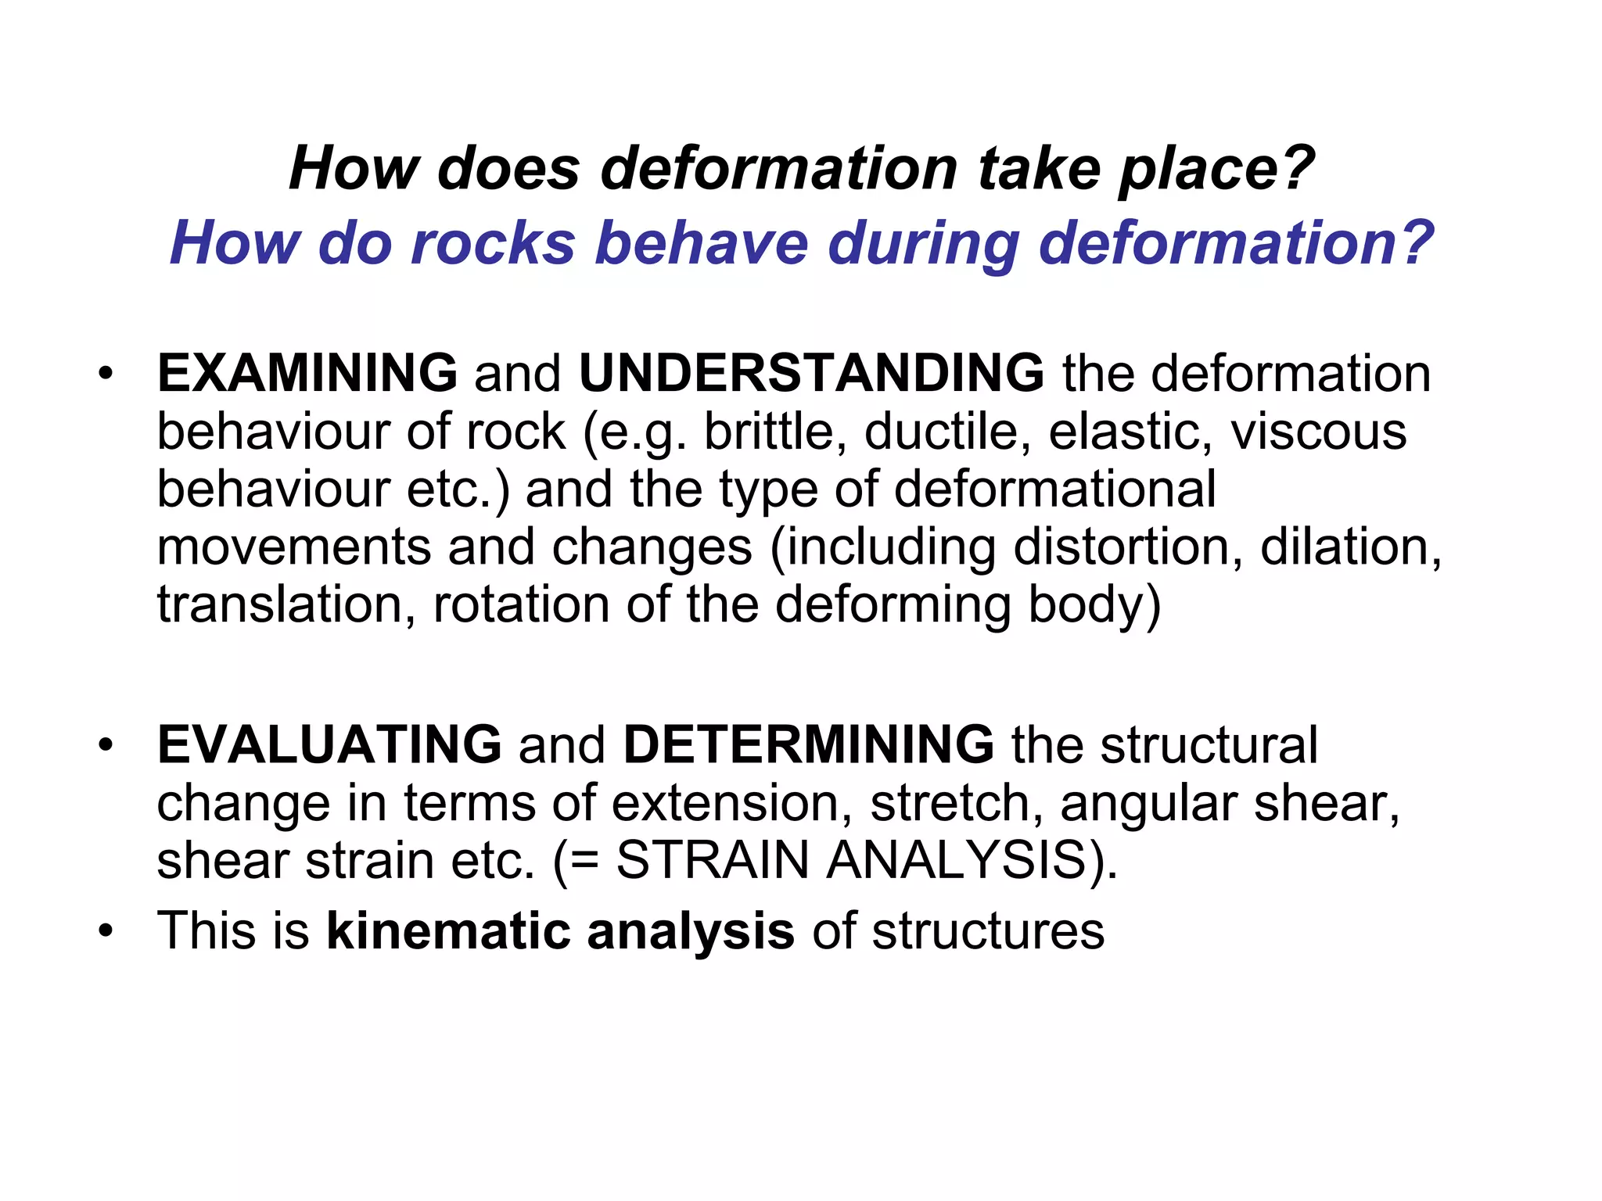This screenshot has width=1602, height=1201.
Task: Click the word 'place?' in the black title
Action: coord(1216,170)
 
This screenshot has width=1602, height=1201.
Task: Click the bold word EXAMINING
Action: coord(307,373)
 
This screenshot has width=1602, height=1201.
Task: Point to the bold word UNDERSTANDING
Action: coord(811,373)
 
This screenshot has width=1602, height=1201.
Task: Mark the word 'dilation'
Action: coord(1349,547)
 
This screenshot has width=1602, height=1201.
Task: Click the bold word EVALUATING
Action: coord(329,744)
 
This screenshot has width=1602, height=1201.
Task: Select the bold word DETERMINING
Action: coord(809,744)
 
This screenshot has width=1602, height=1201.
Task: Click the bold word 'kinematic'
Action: coord(448,931)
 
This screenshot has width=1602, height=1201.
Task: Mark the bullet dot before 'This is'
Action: coord(106,931)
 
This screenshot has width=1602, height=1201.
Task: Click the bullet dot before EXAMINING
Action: coord(106,373)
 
